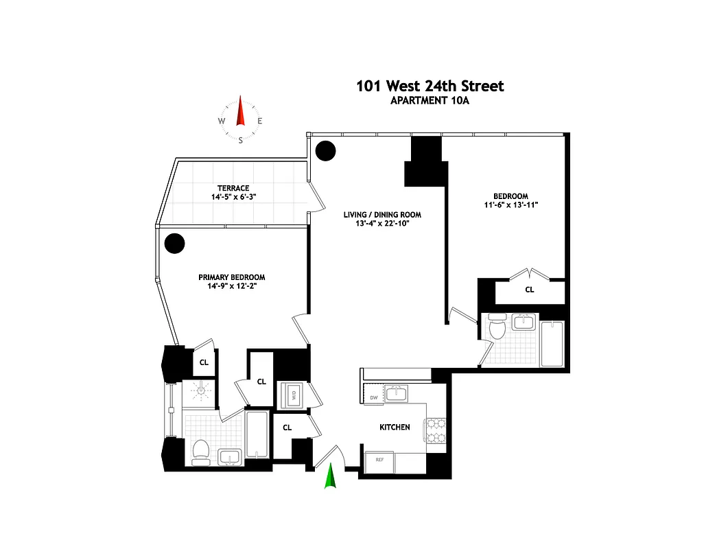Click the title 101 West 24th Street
click(430, 86)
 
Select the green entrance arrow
click(331, 476)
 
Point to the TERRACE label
click(233, 188)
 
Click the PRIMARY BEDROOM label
click(232, 277)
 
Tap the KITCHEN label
click(395, 427)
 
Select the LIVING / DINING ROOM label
click(382, 215)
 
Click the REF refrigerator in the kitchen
click(378, 460)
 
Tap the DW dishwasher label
click(373, 397)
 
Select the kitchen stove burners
click(435, 432)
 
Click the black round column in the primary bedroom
click(175, 242)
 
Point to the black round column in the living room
click(325, 150)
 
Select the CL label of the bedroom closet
click(530, 290)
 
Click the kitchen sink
click(396, 393)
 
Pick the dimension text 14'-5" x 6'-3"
click(233, 198)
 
